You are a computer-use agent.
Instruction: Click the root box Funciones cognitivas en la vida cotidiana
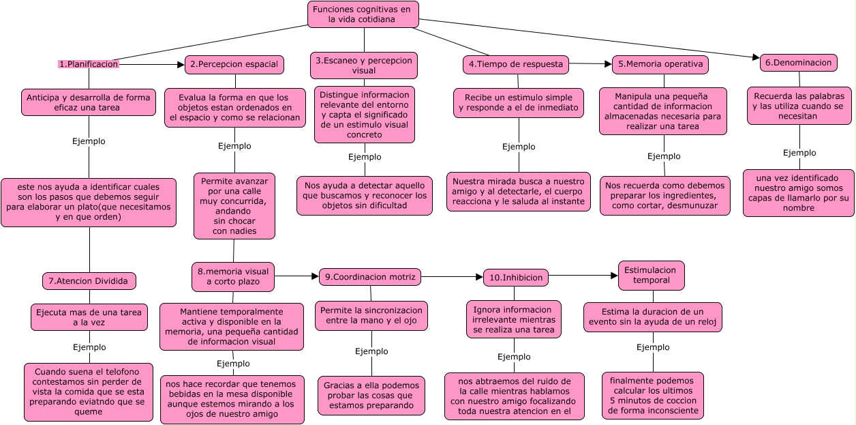point(363,14)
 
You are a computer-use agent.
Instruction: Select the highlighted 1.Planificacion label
point(89,64)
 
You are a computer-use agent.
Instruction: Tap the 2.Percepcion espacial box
point(234,64)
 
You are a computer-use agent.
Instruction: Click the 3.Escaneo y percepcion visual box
point(364,65)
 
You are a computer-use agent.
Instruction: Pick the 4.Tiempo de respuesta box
point(516,64)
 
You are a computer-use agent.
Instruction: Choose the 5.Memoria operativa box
point(660,64)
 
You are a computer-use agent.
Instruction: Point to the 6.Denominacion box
point(798,63)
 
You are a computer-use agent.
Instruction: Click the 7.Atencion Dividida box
point(89,280)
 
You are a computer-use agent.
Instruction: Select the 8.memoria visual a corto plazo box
point(233,276)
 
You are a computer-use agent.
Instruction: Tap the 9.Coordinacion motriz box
point(370,276)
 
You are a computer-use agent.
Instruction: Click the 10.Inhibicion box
point(515,278)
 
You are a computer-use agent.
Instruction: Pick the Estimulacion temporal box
point(651,275)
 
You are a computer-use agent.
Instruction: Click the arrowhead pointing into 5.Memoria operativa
point(608,64)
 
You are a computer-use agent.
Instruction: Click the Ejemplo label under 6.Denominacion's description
point(799,153)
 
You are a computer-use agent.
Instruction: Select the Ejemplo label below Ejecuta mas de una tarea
point(89,347)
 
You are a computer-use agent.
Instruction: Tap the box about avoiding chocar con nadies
point(234,205)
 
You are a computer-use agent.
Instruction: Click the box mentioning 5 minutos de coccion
point(652,395)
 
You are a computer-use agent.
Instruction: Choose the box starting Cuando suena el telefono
point(89,392)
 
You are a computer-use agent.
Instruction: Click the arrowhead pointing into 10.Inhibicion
point(478,277)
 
